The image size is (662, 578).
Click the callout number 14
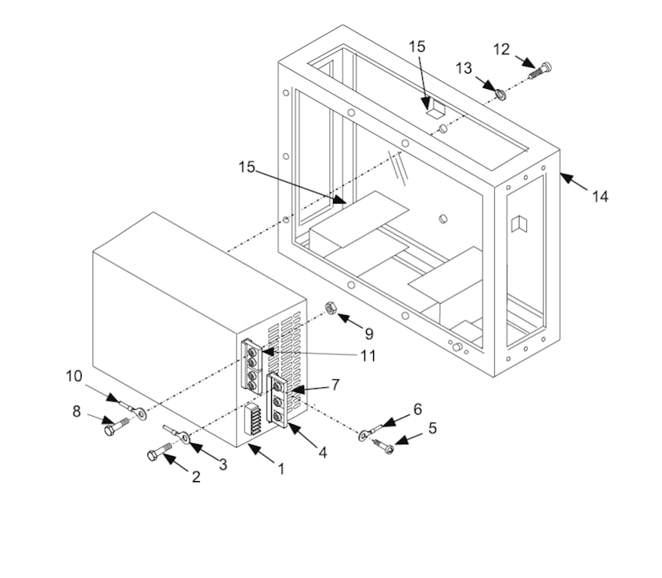(599, 195)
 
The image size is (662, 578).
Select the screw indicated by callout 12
(542, 71)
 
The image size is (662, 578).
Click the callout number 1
(281, 469)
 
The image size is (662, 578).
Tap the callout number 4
(323, 453)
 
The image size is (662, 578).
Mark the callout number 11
(368, 355)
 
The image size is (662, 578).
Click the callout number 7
(335, 385)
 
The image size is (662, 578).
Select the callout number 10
(74, 375)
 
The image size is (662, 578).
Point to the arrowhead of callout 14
(562, 176)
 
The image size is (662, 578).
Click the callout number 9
(369, 332)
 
